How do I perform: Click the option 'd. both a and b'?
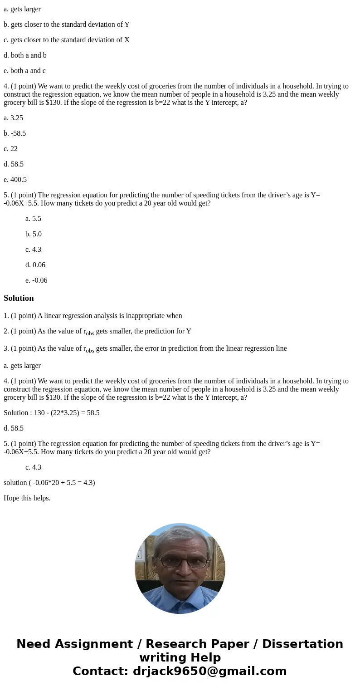click(25, 55)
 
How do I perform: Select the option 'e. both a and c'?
click(24, 71)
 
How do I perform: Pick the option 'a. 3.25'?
click(13, 118)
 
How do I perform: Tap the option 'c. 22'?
click(10, 149)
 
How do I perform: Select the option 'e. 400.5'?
click(15, 180)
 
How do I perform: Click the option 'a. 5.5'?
click(33, 219)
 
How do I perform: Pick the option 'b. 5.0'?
click(34, 234)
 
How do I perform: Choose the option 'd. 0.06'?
click(35, 265)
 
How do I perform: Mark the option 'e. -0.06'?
click(36, 280)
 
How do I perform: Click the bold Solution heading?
click(19, 298)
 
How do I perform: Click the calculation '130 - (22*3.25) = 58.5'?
click(67, 413)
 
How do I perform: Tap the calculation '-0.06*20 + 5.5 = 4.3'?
click(63, 483)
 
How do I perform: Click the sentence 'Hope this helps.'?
click(27, 498)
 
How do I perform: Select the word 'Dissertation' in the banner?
click(302, 644)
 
